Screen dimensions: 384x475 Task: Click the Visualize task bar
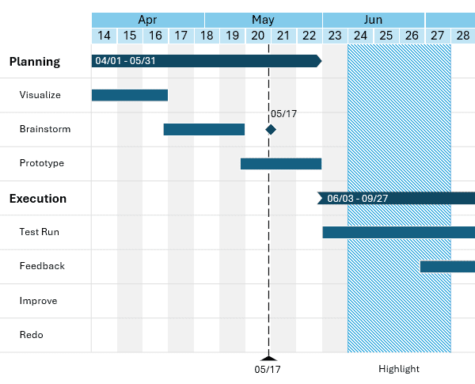tap(129, 95)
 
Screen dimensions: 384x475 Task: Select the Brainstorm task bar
tap(203, 129)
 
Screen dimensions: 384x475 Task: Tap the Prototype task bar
tap(280, 164)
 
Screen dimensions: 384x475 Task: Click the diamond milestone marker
tap(271, 129)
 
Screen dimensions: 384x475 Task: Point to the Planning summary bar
tap(206, 61)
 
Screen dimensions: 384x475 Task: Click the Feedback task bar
tap(447, 266)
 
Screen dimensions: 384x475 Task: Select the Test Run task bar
tap(398, 232)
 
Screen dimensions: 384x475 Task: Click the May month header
tap(263, 20)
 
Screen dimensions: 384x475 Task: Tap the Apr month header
tap(147, 20)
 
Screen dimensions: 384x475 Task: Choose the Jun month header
tap(373, 20)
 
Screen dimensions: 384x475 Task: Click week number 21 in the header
tap(283, 36)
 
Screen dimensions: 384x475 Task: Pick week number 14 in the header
tap(104, 36)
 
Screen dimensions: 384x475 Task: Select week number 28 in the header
tap(462, 36)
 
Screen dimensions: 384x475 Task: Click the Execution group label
tap(38, 199)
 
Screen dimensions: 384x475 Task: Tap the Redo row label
tap(32, 335)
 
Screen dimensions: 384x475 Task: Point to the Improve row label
tap(38, 301)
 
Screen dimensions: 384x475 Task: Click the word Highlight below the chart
tap(399, 369)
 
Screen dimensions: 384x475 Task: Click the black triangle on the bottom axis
tap(268, 358)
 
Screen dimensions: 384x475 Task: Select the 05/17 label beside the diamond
tap(283, 114)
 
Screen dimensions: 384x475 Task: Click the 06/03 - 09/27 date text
tap(357, 199)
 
